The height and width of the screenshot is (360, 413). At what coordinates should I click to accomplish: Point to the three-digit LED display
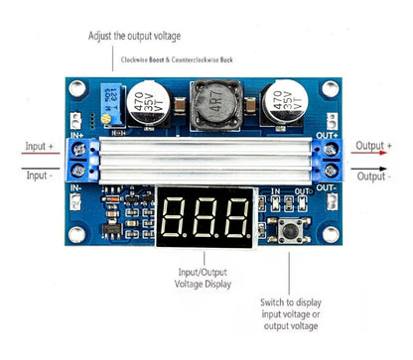pos(205,210)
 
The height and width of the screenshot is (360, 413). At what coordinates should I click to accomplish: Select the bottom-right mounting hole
pos(331,236)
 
